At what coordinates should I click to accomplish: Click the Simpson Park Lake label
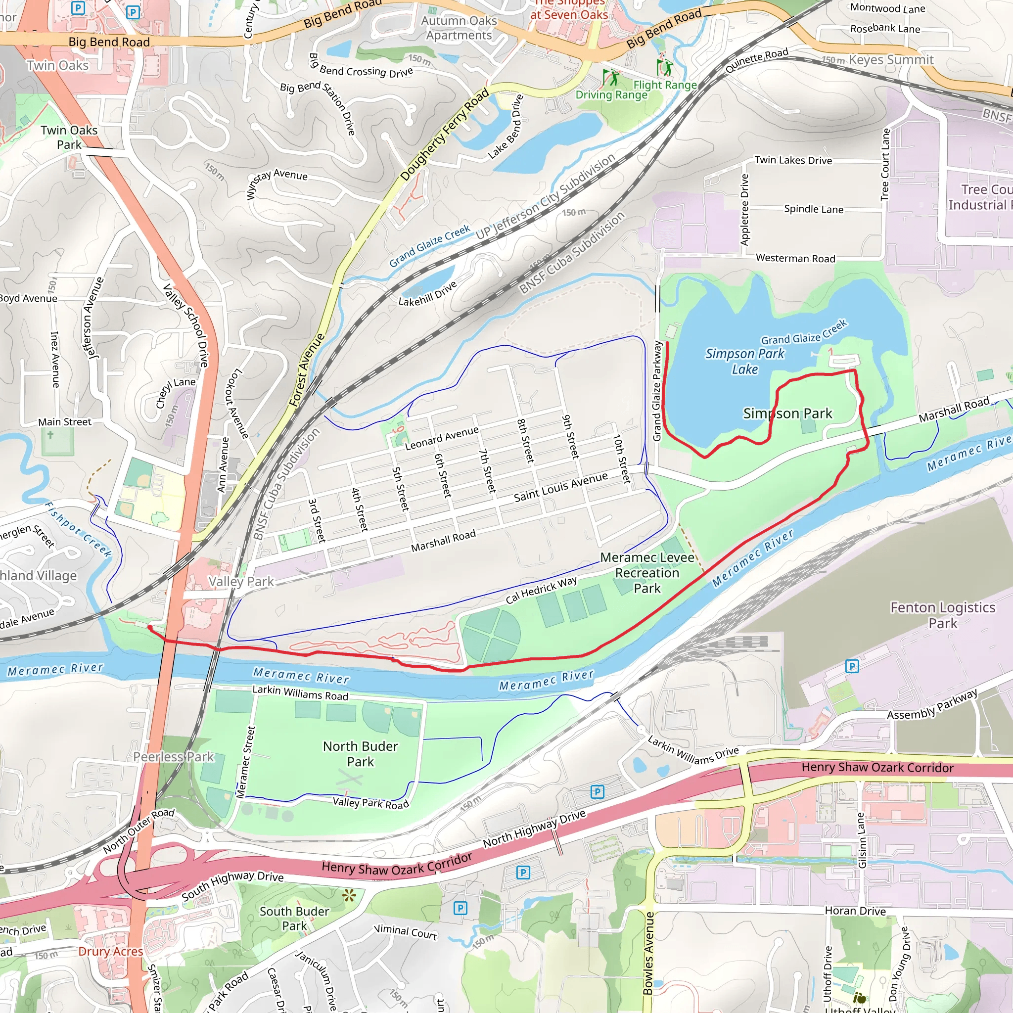pyautogui.click(x=744, y=361)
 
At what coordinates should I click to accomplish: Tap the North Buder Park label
pyautogui.click(x=360, y=753)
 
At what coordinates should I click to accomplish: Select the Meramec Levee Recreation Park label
pyautogui.click(x=647, y=573)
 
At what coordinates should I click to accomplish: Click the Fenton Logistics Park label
pyautogui.click(x=942, y=615)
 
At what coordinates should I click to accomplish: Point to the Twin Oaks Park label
pyautogui.click(x=69, y=137)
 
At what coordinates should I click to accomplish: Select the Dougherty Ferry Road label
pyautogui.click(x=444, y=134)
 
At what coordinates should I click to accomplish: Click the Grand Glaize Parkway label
pyautogui.click(x=657, y=391)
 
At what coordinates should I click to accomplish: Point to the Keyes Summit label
pyautogui.click(x=891, y=60)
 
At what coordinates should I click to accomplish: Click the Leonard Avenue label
pyautogui.click(x=442, y=438)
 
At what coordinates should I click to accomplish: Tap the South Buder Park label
pyautogui.click(x=294, y=918)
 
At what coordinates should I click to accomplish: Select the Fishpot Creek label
pyautogui.click(x=78, y=529)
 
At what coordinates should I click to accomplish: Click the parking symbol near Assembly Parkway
pyautogui.click(x=852, y=666)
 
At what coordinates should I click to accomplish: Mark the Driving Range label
pyautogui.click(x=611, y=95)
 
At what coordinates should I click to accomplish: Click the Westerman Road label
pyautogui.click(x=795, y=258)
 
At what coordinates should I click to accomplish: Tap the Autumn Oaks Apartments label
pyautogui.click(x=459, y=28)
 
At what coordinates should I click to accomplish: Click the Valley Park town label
pyautogui.click(x=241, y=582)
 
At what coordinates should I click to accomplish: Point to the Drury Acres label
pyautogui.click(x=111, y=951)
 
